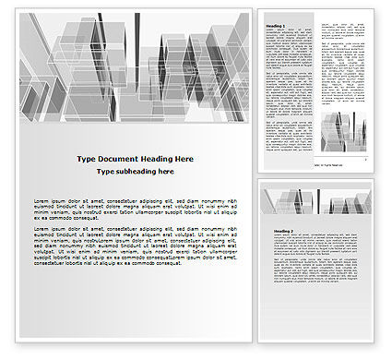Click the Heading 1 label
pyautogui.click(x=275, y=27)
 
